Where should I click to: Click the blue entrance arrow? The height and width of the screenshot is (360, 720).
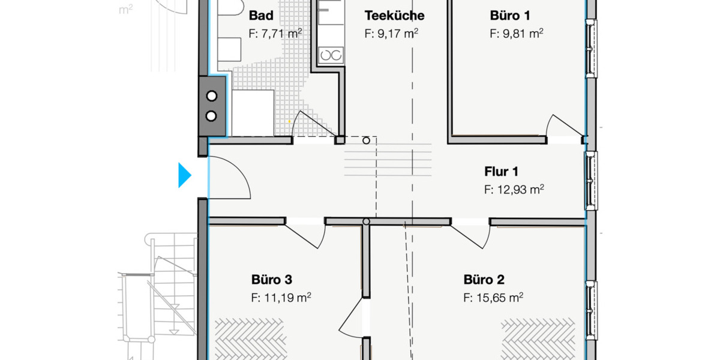click(x=184, y=176)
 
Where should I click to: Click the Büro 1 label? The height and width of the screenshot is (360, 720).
click(x=509, y=16)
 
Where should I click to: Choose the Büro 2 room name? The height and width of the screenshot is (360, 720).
click(x=484, y=280)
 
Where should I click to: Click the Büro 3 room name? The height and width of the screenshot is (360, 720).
click(x=271, y=280)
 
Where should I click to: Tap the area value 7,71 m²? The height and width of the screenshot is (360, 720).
click(x=275, y=34)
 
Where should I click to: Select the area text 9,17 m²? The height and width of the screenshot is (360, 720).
click(x=391, y=34)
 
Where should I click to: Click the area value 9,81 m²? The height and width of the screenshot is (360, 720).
click(x=516, y=34)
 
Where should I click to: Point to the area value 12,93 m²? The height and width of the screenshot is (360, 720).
click(x=514, y=190)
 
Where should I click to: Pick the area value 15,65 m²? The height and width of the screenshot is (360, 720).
click(x=493, y=298)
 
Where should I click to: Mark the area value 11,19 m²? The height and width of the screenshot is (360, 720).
click(x=280, y=298)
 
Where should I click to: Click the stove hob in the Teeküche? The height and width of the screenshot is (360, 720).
click(x=331, y=56)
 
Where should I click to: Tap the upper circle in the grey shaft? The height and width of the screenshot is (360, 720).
click(x=212, y=95)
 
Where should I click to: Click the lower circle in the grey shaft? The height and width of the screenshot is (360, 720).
click(x=212, y=116)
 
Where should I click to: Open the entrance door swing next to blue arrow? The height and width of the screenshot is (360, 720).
click(x=228, y=176)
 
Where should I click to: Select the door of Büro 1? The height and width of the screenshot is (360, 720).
click(x=564, y=126)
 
